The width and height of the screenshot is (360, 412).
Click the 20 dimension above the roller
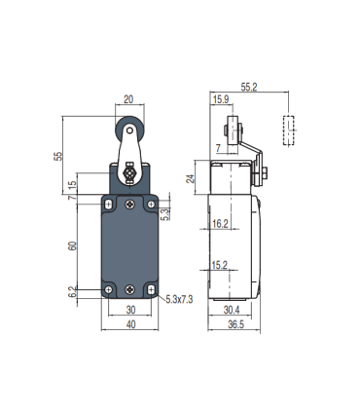tap(129, 98)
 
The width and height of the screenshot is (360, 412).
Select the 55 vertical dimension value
tap(59, 155)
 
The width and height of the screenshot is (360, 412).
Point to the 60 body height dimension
tap(71, 246)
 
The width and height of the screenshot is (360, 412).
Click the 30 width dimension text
tap(129, 311)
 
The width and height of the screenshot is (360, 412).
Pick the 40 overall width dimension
tap(129, 326)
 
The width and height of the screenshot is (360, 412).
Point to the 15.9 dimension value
tap(220, 99)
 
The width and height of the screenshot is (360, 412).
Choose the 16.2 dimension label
tap(221, 223)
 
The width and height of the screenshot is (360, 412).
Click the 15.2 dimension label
tap(221, 263)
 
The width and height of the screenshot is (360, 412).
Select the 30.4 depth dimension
tap(233, 311)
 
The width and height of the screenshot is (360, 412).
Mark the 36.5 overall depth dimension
tap(235, 326)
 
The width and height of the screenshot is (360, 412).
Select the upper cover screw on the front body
tap(130, 204)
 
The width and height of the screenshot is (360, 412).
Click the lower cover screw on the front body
tap(130, 288)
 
